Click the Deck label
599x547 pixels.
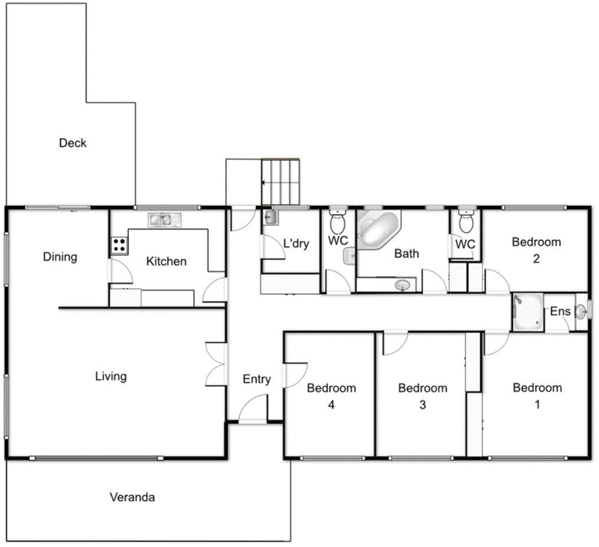click(x=73, y=143)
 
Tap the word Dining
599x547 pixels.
click(x=60, y=257)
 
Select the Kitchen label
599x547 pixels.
click(x=166, y=261)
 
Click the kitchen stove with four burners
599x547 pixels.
click(x=119, y=244)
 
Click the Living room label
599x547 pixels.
click(x=110, y=376)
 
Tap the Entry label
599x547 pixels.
click(x=257, y=379)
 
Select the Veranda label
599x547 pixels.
click(x=132, y=497)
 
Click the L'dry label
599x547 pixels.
click(x=296, y=243)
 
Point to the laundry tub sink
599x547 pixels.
click(x=270, y=219)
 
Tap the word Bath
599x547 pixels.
click(x=407, y=254)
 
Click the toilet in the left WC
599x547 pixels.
click(x=338, y=222)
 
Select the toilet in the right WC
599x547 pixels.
click(x=465, y=221)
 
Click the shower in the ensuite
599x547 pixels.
click(x=527, y=311)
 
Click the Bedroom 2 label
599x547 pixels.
click(x=536, y=250)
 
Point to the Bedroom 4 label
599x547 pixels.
click(x=331, y=397)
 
